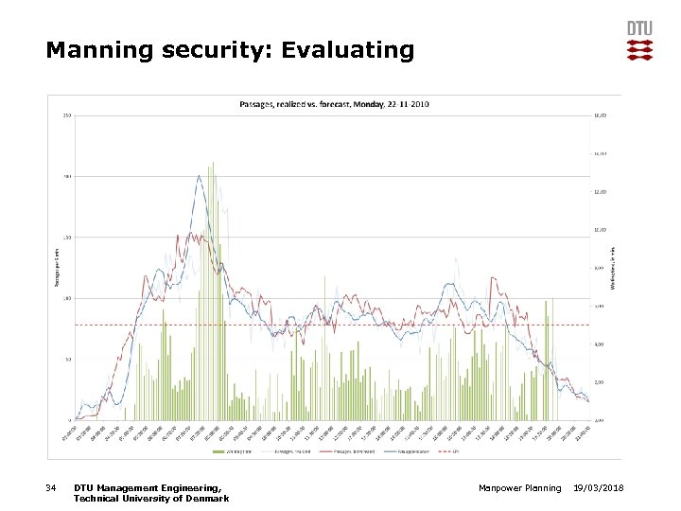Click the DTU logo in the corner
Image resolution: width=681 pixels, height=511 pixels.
[x=639, y=41]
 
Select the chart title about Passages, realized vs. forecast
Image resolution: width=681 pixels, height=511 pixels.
[x=334, y=104]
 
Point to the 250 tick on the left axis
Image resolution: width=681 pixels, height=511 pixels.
[x=66, y=115]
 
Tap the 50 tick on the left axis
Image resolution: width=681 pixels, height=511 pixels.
[x=67, y=359]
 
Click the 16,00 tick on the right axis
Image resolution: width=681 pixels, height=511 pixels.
[x=599, y=115]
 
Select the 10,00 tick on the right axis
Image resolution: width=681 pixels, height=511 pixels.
[x=599, y=230]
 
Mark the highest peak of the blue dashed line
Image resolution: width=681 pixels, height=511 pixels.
[x=199, y=175]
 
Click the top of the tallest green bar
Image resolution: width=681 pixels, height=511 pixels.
[x=213, y=163]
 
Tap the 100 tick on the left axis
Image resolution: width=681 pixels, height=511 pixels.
[x=66, y=298]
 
